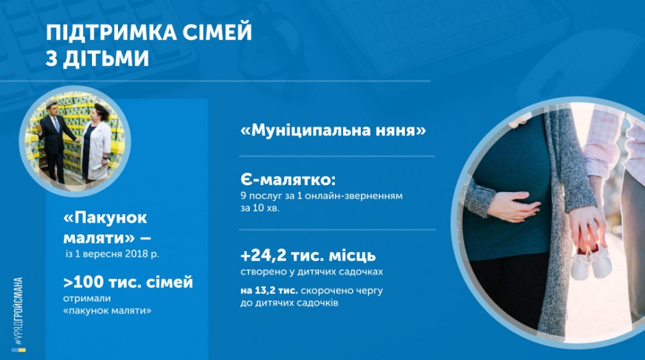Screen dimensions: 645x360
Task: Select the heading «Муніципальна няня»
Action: [333, 130]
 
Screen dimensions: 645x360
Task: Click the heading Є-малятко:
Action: [288, 180]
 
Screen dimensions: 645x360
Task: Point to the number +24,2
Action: [263, 256]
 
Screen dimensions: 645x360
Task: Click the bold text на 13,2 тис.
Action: [269, 291]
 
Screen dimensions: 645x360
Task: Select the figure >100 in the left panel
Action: [84, 283]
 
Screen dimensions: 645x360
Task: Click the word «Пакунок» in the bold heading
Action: [105, 217]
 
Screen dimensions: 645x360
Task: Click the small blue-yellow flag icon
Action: [19, 350]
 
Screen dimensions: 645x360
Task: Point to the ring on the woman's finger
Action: [590, 223]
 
